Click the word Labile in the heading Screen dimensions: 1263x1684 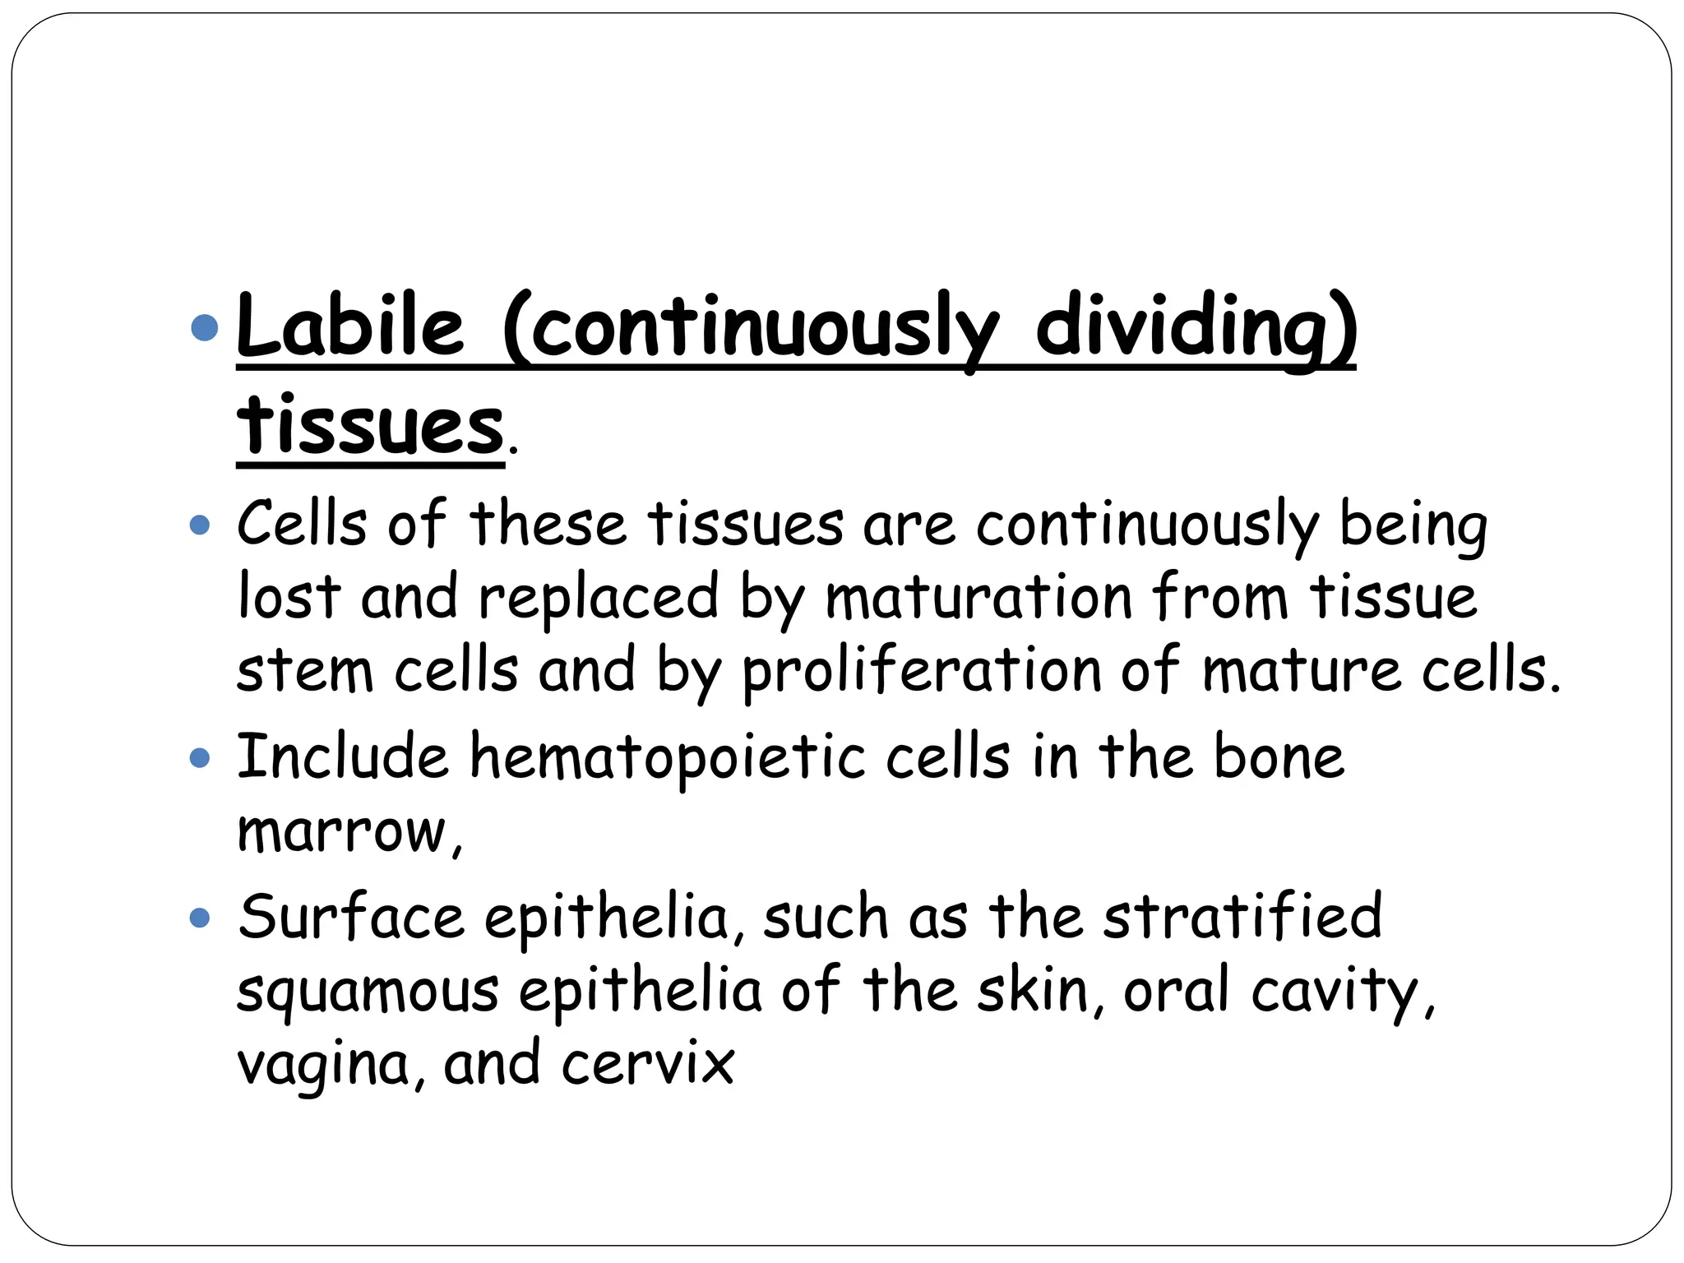(x=350, y=327)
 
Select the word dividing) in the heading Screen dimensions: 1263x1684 (x=1196, y=329)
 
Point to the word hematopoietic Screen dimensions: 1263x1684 (x=667, y=757)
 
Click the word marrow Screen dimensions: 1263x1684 (x=344, y=831)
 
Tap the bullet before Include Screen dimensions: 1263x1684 (x=200, y=757)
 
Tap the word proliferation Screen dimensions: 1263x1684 (x=921, y=670)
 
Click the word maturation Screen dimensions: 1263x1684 (x=979, y=597)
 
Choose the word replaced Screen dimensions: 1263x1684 (x=599, y=597)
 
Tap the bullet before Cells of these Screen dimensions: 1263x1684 (x=200, y=525)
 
